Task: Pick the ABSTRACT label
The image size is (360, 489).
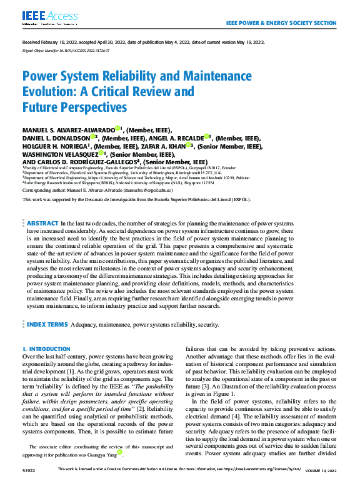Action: (x=42, y=223)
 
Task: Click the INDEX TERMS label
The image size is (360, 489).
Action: (x=47, y=325)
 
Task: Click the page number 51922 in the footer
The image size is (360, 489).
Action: (x=29, y=484)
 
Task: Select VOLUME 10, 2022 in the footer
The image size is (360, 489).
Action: (x=321, y=484)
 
